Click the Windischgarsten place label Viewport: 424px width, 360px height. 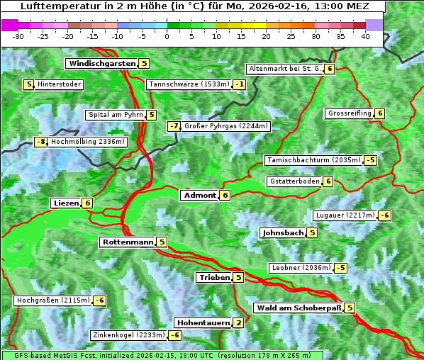coord(102,64)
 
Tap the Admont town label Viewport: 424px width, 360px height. coord(199,195)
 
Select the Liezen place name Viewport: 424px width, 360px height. coord(66,203)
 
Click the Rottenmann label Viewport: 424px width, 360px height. coord(128,242)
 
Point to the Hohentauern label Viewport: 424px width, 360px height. coord(203,323)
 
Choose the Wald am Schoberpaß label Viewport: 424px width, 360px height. coord(299,308)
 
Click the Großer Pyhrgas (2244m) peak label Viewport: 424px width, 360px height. coord(225,126)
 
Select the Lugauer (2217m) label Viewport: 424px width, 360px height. coord(344,215)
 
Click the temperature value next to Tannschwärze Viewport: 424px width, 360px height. coord(240,85)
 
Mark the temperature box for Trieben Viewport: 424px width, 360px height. coord(238,278)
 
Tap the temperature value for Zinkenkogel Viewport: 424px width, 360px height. coord(174,335)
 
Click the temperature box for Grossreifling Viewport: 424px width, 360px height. coord(380,113)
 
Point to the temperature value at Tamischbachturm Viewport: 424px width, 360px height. coord(370,160)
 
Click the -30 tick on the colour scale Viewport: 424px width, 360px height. coord(18,35)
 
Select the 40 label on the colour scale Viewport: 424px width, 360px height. coord(365,35)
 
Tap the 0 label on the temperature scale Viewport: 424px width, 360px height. coord(167,35)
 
